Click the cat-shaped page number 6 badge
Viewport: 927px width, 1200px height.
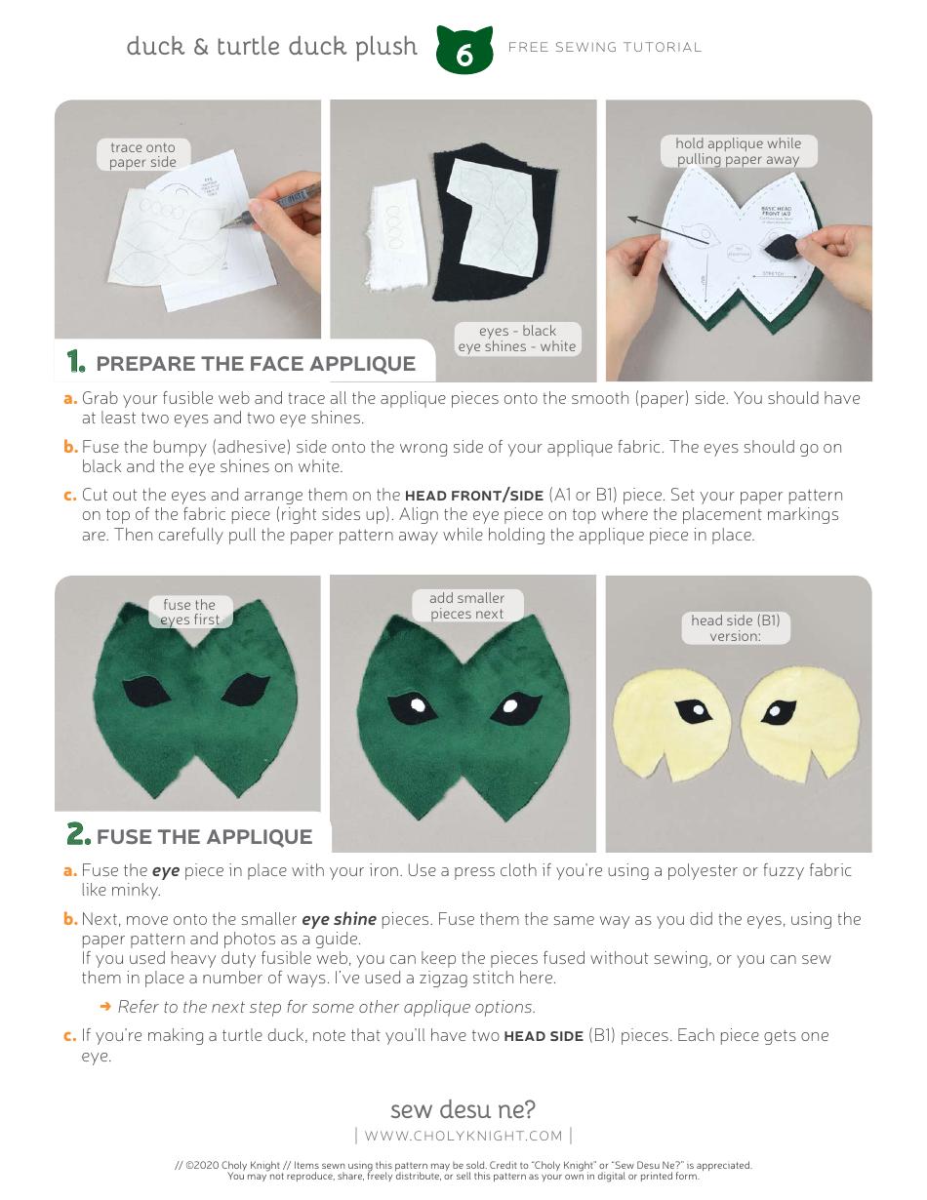tap(464, 52)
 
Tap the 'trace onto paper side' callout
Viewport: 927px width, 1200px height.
tap(142, 155)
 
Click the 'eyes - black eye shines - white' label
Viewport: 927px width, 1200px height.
tap(517, 339)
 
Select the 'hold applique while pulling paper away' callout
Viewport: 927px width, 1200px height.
tap(738, 151)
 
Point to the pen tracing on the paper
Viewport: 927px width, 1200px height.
tap(278, 202)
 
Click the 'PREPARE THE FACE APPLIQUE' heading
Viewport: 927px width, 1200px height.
tap(256, 364)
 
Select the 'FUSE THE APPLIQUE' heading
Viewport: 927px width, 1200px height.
tap(204, 836)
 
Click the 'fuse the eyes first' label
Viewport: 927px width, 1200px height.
tap(189, 612)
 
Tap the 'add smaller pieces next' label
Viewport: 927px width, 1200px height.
tap(467, 606)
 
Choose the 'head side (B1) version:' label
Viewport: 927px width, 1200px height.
tap(735, 627)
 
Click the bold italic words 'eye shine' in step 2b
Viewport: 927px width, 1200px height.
tap(339, 919)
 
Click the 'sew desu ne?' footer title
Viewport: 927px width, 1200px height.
tap(463, 1109)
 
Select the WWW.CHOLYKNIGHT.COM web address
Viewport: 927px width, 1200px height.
tap(463, 1136)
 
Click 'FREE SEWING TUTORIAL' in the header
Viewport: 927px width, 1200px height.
tap(605, 47)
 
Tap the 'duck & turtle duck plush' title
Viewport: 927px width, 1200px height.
tap(271, 47)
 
